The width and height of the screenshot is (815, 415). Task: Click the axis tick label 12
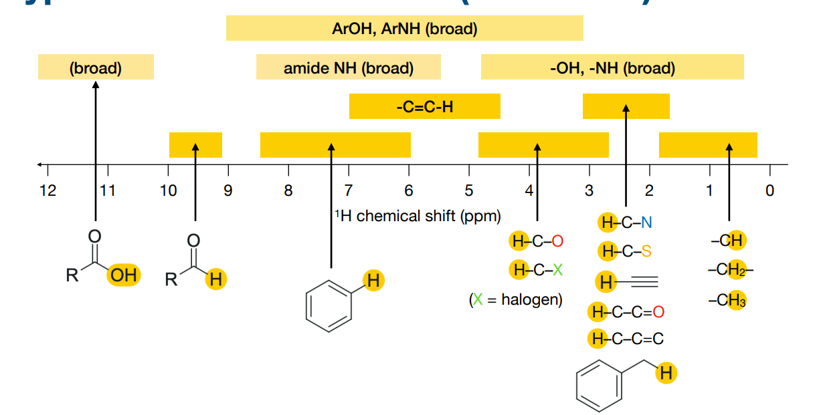click(48, 191)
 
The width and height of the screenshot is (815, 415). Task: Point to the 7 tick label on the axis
click(349, 191)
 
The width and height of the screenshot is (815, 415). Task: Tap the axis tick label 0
click(769, 191)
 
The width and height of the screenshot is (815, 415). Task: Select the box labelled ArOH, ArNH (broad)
click(404, 29)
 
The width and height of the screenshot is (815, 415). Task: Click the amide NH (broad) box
click(348, 67)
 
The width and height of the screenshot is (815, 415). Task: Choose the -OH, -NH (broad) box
click(612, 67)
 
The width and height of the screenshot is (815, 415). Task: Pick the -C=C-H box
click(424, 106)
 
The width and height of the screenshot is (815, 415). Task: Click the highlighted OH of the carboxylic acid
click(124, 275)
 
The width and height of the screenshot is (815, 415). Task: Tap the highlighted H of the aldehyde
click(215, 279)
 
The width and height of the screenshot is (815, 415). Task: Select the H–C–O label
click(537, 241)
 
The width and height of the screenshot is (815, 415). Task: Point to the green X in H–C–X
click(558, 270)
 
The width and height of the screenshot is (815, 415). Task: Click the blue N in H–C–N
click(646, 223)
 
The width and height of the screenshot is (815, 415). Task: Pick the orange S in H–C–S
click(646, 252)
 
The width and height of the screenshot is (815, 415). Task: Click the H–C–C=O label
click(628, 311)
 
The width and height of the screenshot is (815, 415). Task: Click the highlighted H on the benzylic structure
click(665, 374)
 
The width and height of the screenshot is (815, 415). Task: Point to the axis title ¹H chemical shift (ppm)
click(418, 216)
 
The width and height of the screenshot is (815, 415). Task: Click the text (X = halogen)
click(516, 299)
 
